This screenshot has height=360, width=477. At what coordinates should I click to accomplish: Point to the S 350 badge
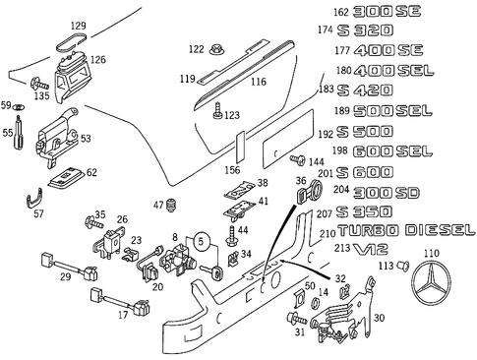pyautogui.click(x=358, y=211)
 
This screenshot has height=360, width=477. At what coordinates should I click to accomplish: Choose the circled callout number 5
pyautogui.click(x=202, y=239)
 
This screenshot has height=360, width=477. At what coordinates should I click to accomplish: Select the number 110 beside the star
pyautogui.click(x=431, y=253)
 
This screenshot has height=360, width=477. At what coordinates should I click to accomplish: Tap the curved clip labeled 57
pyautogui.click(x=31, y=204)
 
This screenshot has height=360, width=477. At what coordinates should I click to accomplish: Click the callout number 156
pyautogui.click(x=232, y=169)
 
